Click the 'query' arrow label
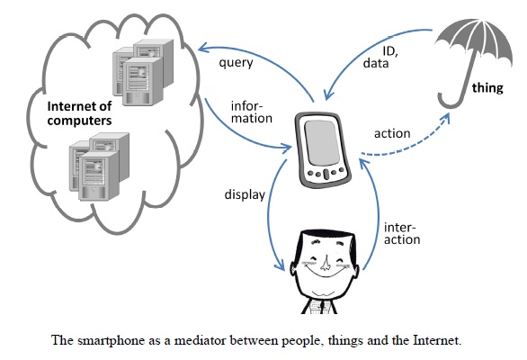[x=236, y=63]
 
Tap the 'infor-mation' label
[x=252, y=112]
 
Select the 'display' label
[x=245, y=194]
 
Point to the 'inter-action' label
[x=402, y=233]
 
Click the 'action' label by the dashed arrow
[x=392, y=133]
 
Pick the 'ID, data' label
[x=380, y=58]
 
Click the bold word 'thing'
[x=487, y=88]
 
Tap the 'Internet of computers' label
[x=79, y=113]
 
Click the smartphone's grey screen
[x=321, y=143]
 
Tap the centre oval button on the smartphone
[x=326, y=174]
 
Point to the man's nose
[x=325, y=263]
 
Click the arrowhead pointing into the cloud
[x=203, y=49]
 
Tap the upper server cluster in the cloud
[x=143, y=72]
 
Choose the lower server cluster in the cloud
[x=99, y=166]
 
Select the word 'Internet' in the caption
[x=436, y=340]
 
